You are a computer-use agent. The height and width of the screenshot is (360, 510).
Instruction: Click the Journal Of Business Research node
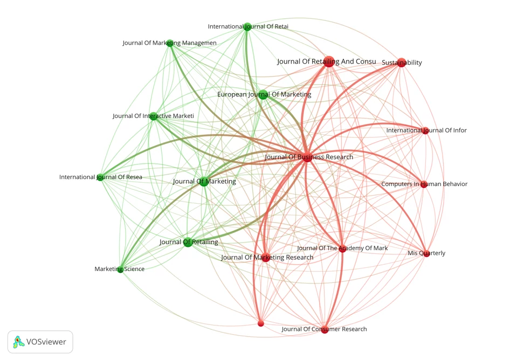tap(307, 157)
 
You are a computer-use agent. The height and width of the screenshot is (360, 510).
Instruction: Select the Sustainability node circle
tap(402, 63)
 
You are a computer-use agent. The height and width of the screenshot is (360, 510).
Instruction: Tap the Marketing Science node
tap(120, 269)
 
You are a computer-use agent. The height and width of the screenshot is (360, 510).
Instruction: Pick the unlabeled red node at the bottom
tap(260, 323)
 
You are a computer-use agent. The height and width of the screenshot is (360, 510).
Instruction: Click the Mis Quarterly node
tap(427, 253)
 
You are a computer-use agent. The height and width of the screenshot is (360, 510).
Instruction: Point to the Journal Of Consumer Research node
tap(325, 329)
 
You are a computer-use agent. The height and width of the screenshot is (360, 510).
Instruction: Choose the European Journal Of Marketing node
tap(263, 95)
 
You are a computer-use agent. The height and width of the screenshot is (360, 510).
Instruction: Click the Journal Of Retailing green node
tap(188, 242)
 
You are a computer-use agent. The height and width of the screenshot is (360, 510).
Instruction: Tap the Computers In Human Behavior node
tap(424, 184)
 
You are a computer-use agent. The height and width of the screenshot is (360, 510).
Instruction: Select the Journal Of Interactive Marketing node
tap(153, 116)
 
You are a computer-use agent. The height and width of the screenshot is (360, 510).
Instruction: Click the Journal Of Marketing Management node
tap(170, 43)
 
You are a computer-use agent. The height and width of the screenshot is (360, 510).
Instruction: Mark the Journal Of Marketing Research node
tap(266, 257)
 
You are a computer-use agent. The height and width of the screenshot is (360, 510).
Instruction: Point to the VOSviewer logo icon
tap(18, 342)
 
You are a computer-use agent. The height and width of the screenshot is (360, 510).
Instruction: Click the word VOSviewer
tap(46, 342)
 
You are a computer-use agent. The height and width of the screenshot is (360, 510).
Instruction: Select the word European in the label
tap(232, 94)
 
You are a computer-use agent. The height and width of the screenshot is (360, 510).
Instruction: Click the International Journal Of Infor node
tap(425, 131)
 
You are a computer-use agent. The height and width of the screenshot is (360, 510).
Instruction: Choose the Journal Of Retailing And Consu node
tap(329, 61)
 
